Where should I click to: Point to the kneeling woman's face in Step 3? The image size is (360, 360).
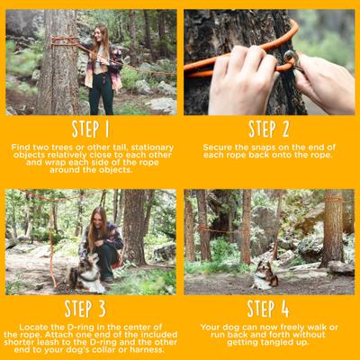tap(99, 220)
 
